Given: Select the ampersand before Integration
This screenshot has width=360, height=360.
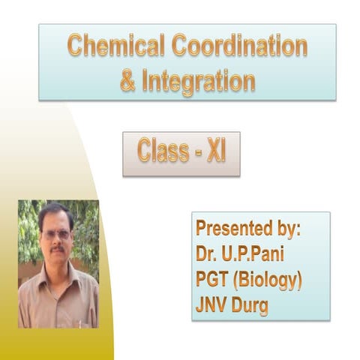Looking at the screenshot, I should click(128, 80).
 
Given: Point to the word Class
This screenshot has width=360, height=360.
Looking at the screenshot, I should click(161, 152).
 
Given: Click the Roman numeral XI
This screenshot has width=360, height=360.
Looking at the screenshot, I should click(216, 152).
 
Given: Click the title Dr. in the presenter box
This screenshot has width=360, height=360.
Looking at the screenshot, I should click(208, 255).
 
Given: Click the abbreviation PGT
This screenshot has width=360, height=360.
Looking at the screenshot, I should click(212, 281).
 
